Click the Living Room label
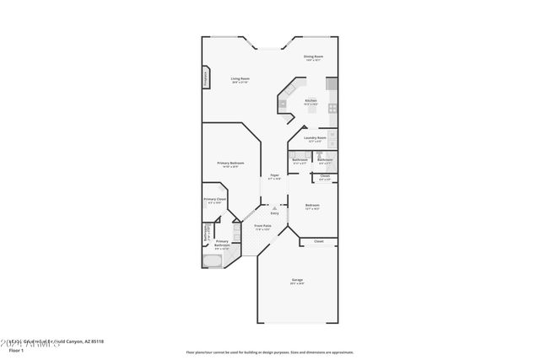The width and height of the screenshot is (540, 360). [x=240, y=78]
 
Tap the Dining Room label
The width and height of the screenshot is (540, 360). [x=314, y=56]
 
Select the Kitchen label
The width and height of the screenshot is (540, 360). [x=310, y=100]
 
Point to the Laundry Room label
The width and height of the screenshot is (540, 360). [x=315, y=137]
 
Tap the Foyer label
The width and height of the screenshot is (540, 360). [x=274, y=175]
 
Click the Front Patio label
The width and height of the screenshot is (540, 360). [x=262, y=225]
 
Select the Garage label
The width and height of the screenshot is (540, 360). [x=297, y=280]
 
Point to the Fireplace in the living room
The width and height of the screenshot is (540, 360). [x=205, y=78]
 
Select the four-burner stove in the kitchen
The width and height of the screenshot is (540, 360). [x=332, y=108]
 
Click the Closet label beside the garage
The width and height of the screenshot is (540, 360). [x=318, y=241]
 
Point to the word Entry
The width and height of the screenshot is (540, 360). [x=274, y=212]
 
